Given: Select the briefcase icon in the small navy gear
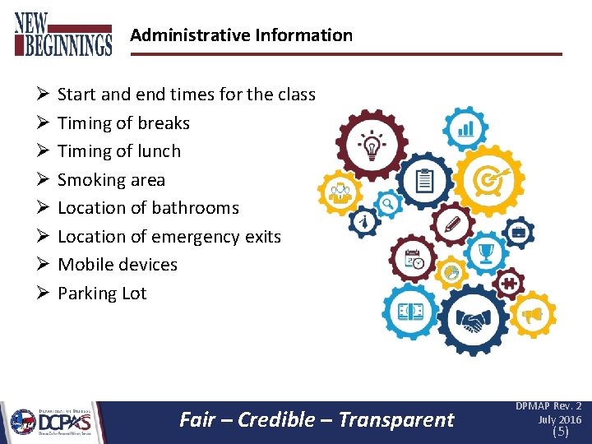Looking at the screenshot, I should [519, 234].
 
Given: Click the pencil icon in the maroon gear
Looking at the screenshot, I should [451, 224].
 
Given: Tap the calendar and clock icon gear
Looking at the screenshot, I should [413, 260].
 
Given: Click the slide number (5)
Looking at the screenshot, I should [560, 432].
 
